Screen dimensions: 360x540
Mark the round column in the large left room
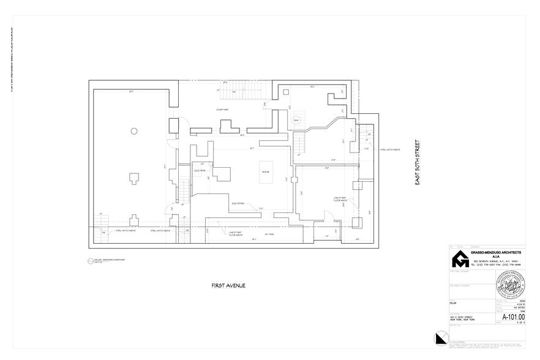[x=133, y=130]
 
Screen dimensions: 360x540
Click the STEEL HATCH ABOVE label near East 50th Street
[x=389, y=148]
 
